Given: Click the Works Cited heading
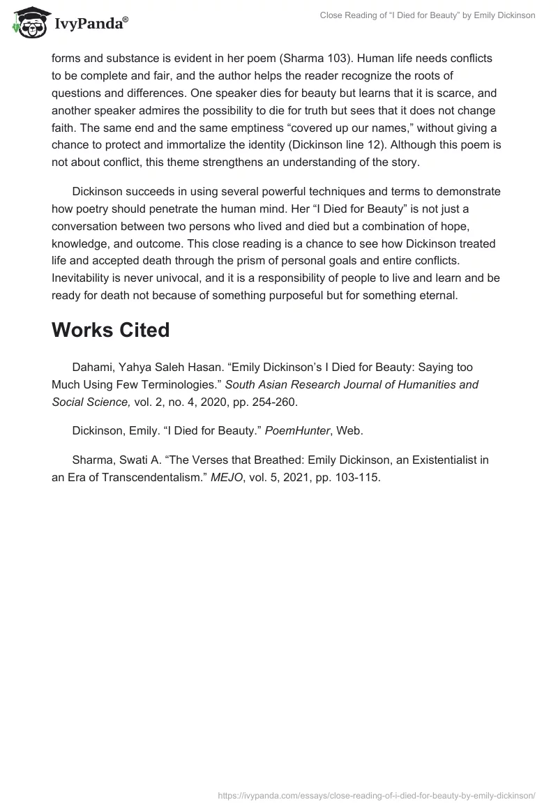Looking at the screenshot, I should point(110,331).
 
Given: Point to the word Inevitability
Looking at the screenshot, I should point(84,277).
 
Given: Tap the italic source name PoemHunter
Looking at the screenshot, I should point(289,430).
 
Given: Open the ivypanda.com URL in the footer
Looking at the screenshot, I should point(377,795).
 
